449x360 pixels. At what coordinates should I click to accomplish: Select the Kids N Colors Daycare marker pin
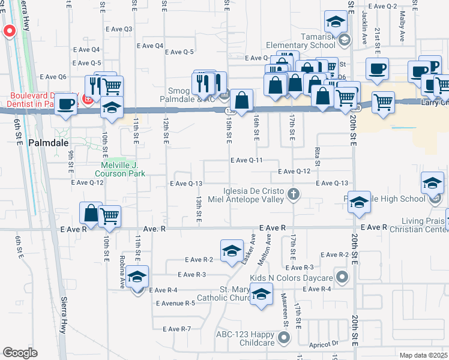(x=343, y=278)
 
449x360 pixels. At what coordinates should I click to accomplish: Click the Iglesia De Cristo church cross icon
(x=294, y=193)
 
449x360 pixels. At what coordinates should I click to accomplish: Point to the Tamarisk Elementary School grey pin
(x=344, y=40)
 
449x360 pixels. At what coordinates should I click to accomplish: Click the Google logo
(x=20, y=353)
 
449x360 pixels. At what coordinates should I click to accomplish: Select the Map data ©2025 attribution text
(x=423, y=355)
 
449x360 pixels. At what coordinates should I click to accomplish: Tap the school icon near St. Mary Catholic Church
(x=261, y=295)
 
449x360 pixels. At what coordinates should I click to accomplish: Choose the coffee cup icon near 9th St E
(x=65, y=103)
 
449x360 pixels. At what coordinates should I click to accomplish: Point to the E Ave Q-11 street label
(x=247, y=161)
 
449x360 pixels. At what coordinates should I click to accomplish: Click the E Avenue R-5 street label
(x=175, y=303)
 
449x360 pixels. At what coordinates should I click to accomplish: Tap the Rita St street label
(x=316, y=154)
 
